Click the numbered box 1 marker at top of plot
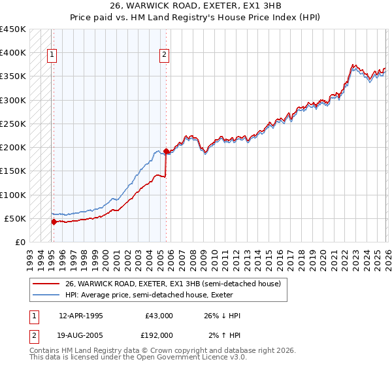coord(52,56)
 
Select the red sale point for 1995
coord(54,222)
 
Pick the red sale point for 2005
coord(166,151)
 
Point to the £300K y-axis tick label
coord(12,100)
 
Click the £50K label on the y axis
coord(15,218)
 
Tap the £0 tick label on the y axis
coord(21,242)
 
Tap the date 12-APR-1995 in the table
coord(80,316)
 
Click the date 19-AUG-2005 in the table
coord(81,335)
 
